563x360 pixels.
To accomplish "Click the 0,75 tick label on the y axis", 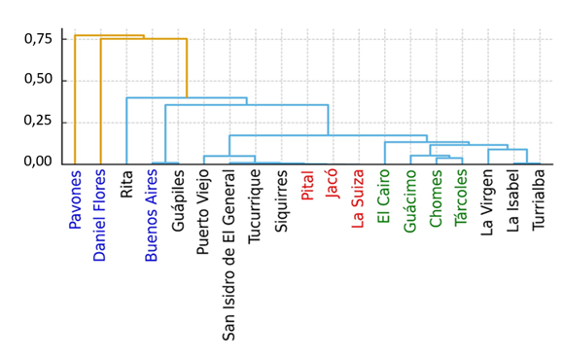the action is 39,39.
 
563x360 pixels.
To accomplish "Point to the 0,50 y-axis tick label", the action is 39,79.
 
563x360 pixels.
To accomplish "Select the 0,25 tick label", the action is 39,121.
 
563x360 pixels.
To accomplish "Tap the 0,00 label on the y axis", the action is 39,162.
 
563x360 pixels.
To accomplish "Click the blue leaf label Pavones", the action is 76,199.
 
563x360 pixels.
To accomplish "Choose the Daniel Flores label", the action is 100,215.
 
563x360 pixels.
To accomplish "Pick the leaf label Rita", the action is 126,184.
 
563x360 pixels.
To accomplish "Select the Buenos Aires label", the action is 151,216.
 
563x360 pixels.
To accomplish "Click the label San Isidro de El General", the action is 229,256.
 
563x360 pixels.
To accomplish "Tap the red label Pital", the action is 307,186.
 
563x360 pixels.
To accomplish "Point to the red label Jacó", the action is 333,184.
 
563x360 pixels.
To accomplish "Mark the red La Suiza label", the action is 358,199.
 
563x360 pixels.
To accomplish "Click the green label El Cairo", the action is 384,197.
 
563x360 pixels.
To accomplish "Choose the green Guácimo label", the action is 409,201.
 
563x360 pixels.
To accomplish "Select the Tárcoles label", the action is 461,198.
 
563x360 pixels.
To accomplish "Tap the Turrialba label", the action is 539,199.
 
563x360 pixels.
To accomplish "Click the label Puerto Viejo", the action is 203,213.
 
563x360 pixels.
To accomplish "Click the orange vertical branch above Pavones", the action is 75,99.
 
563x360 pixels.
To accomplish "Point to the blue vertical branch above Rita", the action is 126,130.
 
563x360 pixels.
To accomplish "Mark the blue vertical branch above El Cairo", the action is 385,153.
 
